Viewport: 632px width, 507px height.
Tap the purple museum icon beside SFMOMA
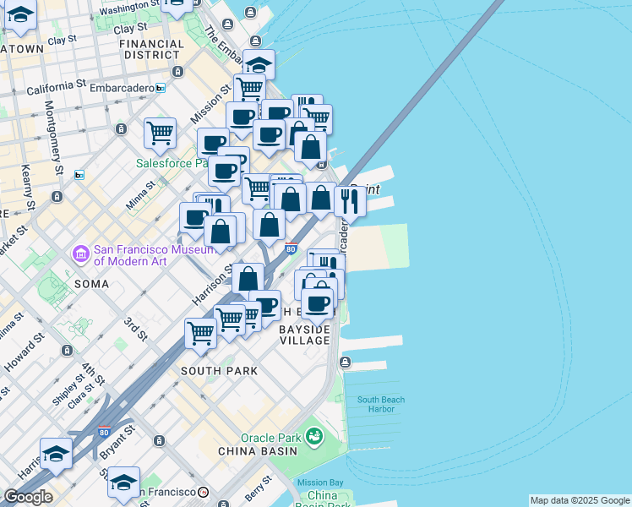coord(81,253)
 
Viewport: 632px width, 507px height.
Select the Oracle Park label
coord(270,438)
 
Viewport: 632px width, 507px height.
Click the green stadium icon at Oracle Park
coord(314,437)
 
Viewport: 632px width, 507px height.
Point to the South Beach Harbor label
coord(380,404)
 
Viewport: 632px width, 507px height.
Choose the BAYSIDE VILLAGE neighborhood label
coord(304,334)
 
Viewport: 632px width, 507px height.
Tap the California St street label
coord(57,86)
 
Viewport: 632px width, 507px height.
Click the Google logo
coord(28,497)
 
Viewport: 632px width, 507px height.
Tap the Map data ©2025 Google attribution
coord(580,500)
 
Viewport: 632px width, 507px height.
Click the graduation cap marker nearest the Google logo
coord(56,455)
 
